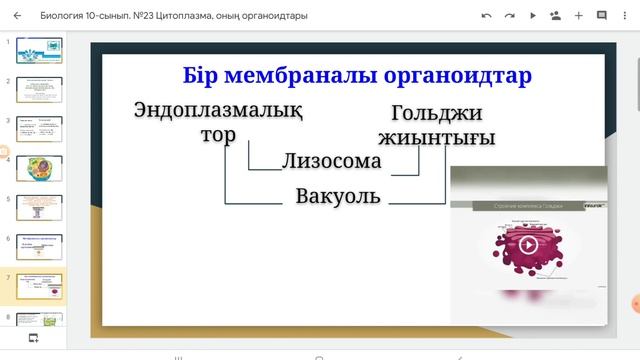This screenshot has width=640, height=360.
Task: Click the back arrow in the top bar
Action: tap(17, 16)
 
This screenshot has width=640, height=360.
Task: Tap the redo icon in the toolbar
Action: tap(510, 16)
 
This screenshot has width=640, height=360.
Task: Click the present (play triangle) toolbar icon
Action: tap(533, 16)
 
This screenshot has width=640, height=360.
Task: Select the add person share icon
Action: tap(556, 16)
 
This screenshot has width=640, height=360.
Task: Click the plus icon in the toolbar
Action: tap(579, 16)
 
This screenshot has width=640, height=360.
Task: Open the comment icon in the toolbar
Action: tap(602, 16)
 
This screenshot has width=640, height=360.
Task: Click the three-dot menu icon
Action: tap(625, 16)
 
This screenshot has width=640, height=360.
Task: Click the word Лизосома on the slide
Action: tap(331, 161)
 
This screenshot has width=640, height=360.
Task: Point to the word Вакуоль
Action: tap(338, 196)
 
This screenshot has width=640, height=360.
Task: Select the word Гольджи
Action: tap(437, 113)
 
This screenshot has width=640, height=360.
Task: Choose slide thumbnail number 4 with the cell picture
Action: tap(39, 167)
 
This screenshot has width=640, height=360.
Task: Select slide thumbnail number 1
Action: tap(39, 50)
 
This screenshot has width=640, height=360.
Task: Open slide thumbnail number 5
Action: tap(39, 206)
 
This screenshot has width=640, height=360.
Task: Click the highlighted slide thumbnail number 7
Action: tap(39, 284)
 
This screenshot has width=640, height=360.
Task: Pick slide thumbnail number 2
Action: tap(39, 89)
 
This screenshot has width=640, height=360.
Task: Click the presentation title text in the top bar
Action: tap(174, 16)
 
